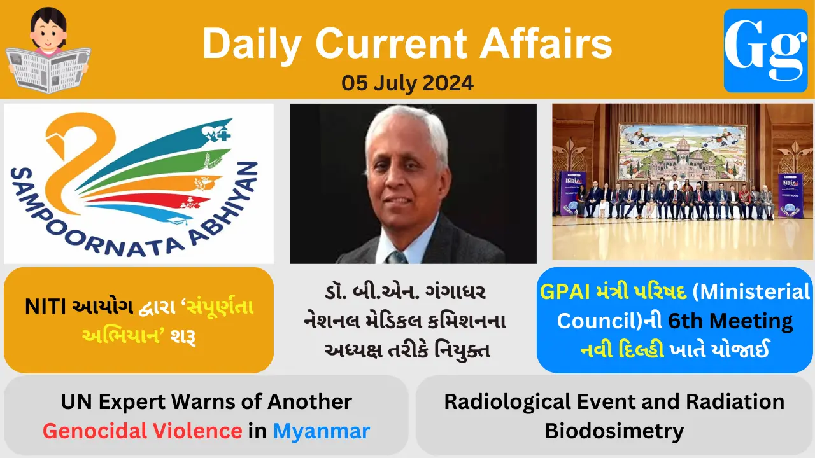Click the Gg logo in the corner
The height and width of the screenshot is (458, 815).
(x=765, y=50)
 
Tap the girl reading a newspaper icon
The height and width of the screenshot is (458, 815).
(x=48, y=50)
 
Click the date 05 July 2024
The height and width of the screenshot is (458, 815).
(x=407, y=83)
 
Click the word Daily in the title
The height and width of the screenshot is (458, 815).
(x=253, y=45)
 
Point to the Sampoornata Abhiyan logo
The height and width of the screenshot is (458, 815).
(x=139, y=183)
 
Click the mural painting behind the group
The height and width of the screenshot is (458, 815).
(x=683, y=151)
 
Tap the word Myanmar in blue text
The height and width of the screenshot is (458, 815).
(x=321, y=431)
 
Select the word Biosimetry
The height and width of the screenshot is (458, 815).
(x=614, y=431)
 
